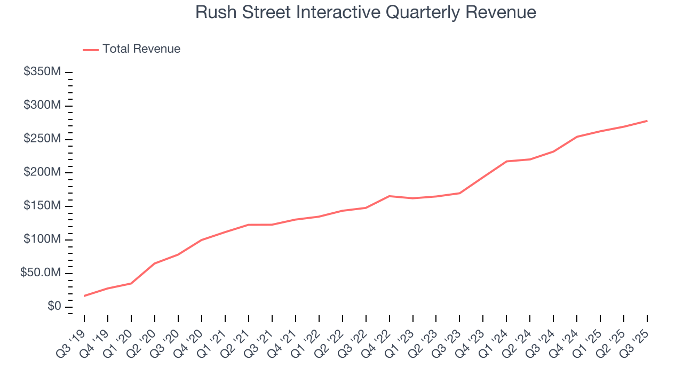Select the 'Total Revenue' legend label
coord(141,49)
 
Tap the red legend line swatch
coord(91,50)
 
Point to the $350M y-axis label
coord(42,72)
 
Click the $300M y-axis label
coord(42,106)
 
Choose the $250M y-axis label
coord(42,139)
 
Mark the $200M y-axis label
coord(42,173)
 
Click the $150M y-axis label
coord(42,206)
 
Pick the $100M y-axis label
coord(42,240)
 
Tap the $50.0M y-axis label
coord(40,274)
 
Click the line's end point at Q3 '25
coord(647,121)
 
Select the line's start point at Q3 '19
coord(84,296)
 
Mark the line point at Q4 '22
coord(390,196)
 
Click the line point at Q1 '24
coord(506,161)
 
